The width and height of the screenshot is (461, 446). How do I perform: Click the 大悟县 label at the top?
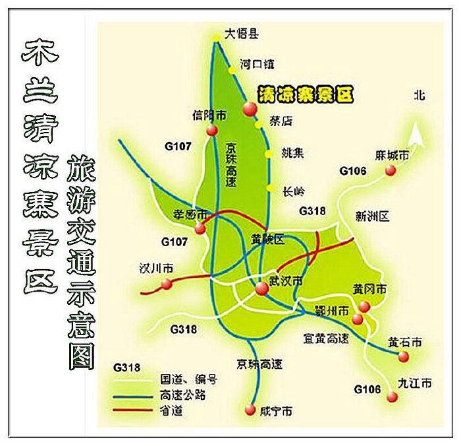240,34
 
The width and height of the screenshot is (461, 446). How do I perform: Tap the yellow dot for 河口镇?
231,68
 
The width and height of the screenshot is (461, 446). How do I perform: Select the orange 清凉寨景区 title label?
305,94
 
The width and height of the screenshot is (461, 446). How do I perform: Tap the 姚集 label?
292,154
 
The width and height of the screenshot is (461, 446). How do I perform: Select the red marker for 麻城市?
391,170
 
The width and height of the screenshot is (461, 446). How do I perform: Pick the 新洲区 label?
373,216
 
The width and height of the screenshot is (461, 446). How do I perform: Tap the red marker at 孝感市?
200,228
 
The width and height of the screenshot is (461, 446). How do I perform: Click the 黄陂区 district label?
268,240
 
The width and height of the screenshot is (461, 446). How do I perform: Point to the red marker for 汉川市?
167,284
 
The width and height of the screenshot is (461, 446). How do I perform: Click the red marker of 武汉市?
262,288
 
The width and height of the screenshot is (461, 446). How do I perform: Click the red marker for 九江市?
393,396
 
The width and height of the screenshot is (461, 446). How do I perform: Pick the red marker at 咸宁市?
250,410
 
